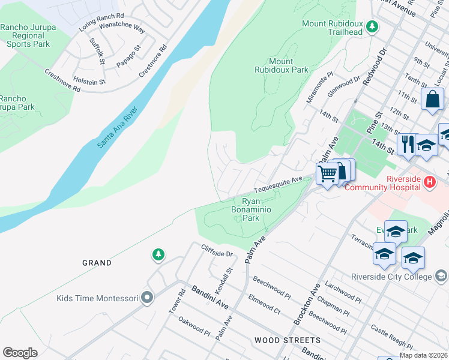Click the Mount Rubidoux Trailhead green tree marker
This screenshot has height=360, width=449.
pos(372,26)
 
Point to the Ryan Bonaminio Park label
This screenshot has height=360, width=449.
pos(251,209)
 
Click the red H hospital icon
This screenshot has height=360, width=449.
pos(429,182)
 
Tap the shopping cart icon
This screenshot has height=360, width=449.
pos(327,175)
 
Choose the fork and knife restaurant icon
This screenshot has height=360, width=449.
pos(408,144)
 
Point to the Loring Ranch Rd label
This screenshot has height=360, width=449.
pos(101,22)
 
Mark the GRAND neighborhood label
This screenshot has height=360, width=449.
pos(97,263)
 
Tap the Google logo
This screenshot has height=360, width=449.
pos(20,352)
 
